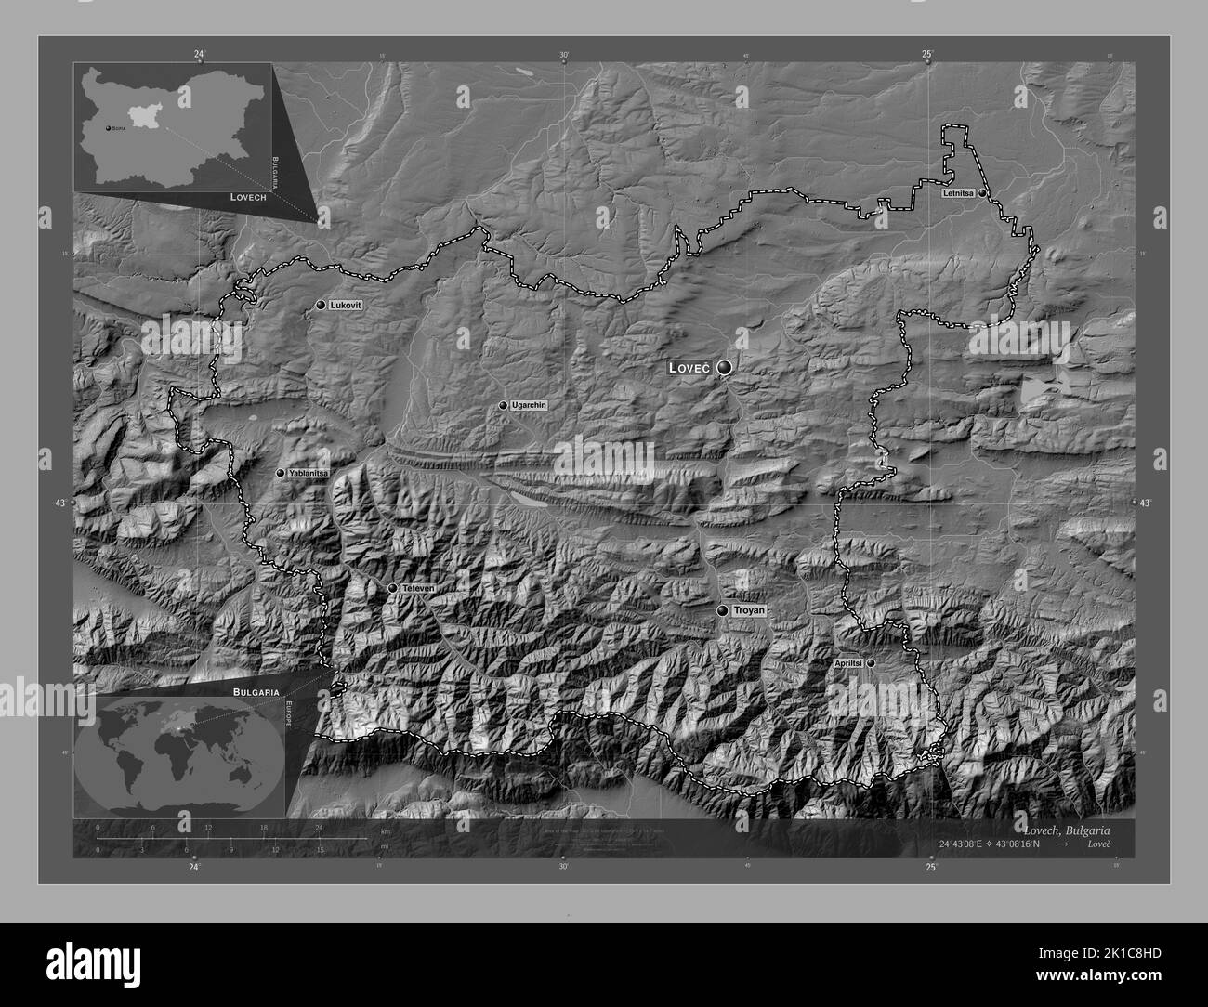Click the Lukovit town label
pos(346,305)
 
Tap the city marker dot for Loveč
pos(724,369)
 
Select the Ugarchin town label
pos(529,406)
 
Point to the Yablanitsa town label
pos(309,473)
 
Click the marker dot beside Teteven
pos(393,588)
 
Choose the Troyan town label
pos(749,610)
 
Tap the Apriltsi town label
pos(848,663)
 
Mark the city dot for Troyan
pos(723,610)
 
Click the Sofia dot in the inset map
pos(108,128)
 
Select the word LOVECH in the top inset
pos(248,198)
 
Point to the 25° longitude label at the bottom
pos(931,868)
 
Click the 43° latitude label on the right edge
pos(1145,503)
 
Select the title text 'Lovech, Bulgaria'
pos(1066,830)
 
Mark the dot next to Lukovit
pos(321,305)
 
